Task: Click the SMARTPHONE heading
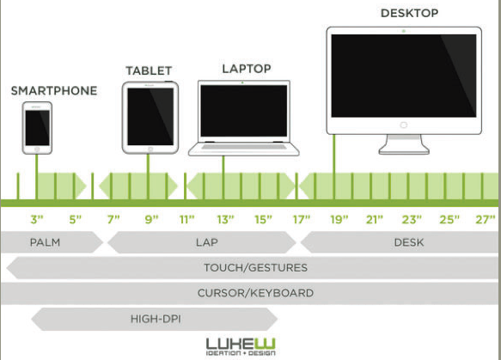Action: pos(54,91)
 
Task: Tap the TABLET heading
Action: pos(149,70)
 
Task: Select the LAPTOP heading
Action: pos(247,69)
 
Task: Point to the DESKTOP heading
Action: pos(409,13)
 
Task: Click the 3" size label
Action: pos(37,219)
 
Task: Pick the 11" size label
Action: pos(187,219)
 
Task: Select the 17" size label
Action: pos(302,219)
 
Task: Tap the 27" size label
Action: pos(485,219)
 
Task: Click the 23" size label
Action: pos(412,219)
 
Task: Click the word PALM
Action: pos(45,242)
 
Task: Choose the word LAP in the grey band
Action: pos(207,242)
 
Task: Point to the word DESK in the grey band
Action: pos(409,242)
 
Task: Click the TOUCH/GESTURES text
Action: pos(255,268)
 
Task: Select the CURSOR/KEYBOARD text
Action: pos(255,293)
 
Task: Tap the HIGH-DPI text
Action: pos(156,319)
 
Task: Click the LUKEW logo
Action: pos(241,346)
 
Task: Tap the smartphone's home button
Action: pos(37,149)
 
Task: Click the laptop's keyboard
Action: pos(244,147)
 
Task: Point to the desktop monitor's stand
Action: pos(404,144)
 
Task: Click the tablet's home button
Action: pos(150,149)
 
